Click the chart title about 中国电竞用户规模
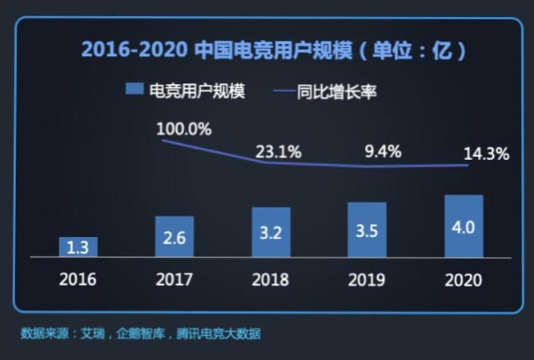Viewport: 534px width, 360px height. pos(273,51)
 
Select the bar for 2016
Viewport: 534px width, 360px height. pos(78,247)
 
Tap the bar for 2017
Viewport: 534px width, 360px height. pos(175,237)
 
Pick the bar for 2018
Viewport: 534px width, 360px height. pos(271,232)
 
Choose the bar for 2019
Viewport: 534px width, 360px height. pos(367,230)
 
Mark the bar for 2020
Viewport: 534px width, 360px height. pos(464,226)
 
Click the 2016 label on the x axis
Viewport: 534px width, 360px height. pos(78,279)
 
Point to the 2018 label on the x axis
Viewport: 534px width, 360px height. pos(271,279)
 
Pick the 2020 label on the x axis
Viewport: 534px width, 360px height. pos(464,280)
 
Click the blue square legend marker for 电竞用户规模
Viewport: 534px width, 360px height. pos(134,90)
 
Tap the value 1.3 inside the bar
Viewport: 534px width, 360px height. pos(78,248)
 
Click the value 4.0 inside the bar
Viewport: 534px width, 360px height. pos(464,227)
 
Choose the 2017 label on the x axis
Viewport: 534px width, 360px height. pos(175,279)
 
